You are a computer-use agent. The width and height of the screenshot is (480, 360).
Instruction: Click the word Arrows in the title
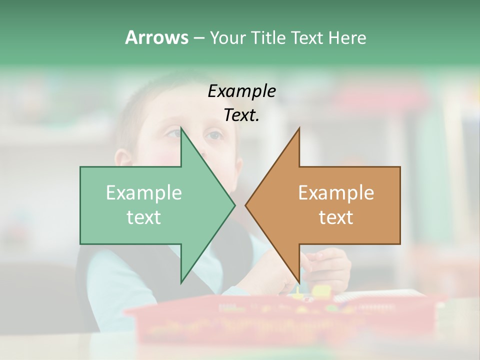156,37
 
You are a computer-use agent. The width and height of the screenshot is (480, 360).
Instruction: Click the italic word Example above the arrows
241,91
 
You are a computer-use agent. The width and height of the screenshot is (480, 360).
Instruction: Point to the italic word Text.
241,115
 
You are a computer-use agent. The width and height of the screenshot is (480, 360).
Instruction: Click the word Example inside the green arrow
144,193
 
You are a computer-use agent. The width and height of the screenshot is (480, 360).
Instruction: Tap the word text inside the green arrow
144,217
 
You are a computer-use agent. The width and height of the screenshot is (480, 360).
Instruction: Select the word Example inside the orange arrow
336,193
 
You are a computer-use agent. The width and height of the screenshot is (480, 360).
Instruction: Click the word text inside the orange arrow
336,217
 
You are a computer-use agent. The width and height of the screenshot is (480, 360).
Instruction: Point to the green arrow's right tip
234,205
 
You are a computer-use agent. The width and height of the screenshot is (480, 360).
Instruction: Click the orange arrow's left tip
246,205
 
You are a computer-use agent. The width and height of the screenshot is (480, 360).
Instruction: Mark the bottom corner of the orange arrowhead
299,282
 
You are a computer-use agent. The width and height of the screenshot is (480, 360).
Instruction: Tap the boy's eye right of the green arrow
213,135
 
